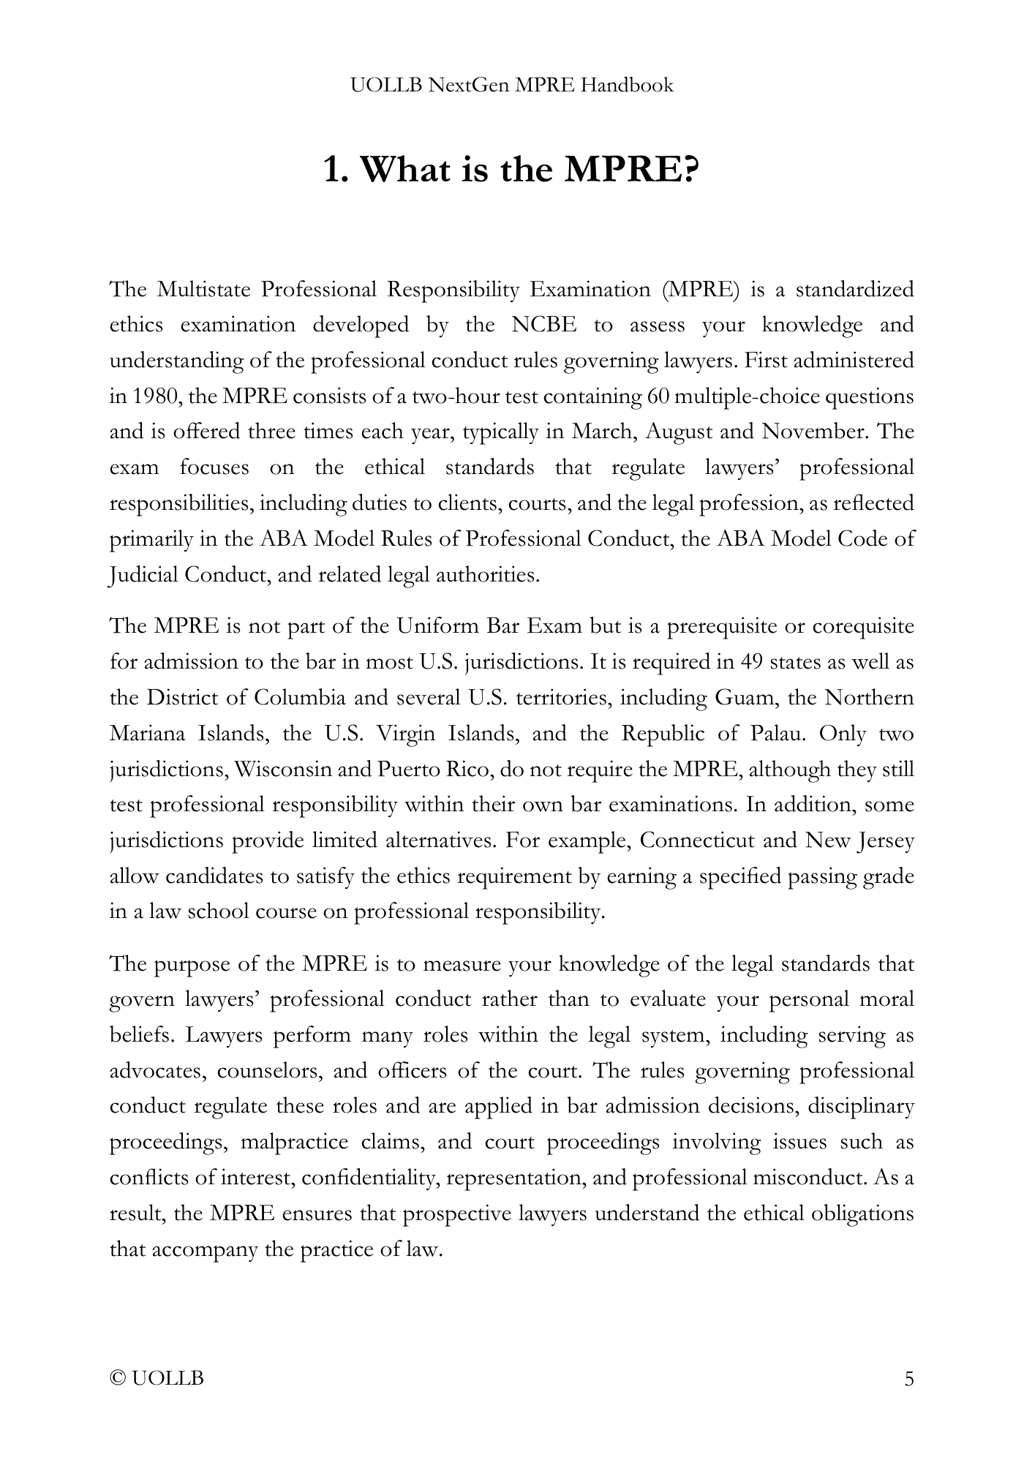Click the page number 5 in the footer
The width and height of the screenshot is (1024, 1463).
point(909,1379)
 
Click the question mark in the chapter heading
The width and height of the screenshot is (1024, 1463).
point(690,170)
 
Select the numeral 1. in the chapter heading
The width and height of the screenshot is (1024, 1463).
point(335,170)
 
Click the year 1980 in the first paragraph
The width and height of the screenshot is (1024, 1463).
point(155,396)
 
